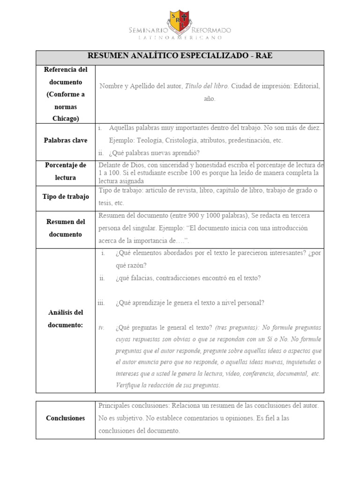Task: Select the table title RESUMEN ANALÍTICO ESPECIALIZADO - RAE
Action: coord(180,56)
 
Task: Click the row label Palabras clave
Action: coord(66,140)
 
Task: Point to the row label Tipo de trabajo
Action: coord(66,197)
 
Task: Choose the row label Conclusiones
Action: coord(66,418)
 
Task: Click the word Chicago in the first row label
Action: coord(66,118)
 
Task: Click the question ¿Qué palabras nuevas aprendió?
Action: coord(154,153)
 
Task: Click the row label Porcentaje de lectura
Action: coord(66,172)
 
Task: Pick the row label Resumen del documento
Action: coord(66,228)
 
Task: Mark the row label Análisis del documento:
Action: coord(66,319)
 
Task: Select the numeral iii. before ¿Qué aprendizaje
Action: coord(101,303)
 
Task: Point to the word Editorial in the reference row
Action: coord(305,86)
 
